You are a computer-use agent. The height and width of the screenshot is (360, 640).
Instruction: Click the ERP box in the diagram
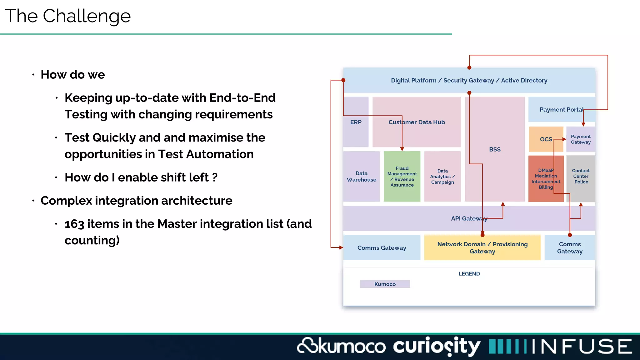pos(356,122)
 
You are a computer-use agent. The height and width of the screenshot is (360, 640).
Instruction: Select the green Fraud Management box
pos(402,177)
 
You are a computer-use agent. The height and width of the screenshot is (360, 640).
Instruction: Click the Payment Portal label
pos(561,110)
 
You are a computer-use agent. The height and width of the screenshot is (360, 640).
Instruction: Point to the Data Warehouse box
pos(362,177)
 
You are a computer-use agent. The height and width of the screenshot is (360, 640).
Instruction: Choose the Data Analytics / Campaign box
pos(442,177)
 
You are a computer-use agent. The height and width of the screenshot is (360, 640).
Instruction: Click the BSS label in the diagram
pos(495,150)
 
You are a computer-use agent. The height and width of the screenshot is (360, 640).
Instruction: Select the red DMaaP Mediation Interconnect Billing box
pos(546,179)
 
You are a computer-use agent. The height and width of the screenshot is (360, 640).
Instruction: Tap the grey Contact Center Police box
pos(581,177)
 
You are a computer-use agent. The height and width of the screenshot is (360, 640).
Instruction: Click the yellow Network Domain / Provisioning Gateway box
pos(482,248)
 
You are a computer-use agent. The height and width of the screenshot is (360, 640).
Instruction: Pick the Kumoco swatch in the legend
pos(385,284)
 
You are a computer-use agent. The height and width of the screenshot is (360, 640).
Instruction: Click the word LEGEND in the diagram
pos(469,274)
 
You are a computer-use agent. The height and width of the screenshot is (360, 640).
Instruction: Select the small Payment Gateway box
pos(581,139)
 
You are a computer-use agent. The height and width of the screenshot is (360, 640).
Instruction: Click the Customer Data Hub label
pos(417,122)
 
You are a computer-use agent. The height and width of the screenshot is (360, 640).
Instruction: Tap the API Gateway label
pos(469,219)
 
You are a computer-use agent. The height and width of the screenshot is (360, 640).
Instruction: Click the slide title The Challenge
pos(68,16)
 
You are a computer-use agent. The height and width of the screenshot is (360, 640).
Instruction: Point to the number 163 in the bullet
pos(74,224)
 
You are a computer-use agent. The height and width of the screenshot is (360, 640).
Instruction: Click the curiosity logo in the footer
pos(437,346)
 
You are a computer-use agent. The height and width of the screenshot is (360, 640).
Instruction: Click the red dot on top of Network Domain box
pos(482,235)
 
